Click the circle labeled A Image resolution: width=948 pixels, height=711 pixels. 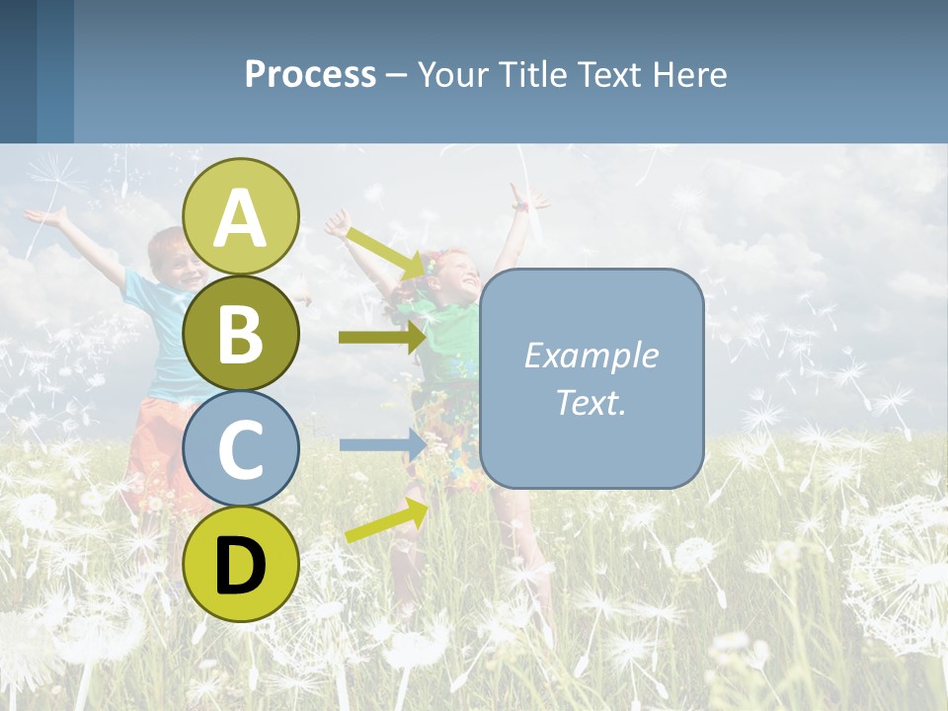point(241,216)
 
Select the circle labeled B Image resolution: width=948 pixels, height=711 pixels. point(241,333)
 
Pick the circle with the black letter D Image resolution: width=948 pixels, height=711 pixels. point(241,564)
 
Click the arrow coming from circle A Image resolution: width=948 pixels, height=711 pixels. point(386,252)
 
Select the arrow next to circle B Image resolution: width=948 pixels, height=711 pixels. point(381,338)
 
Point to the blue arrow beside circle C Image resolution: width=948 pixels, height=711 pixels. point(381,444)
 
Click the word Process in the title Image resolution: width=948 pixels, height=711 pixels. point(310,75)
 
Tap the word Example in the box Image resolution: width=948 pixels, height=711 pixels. point(591,355)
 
